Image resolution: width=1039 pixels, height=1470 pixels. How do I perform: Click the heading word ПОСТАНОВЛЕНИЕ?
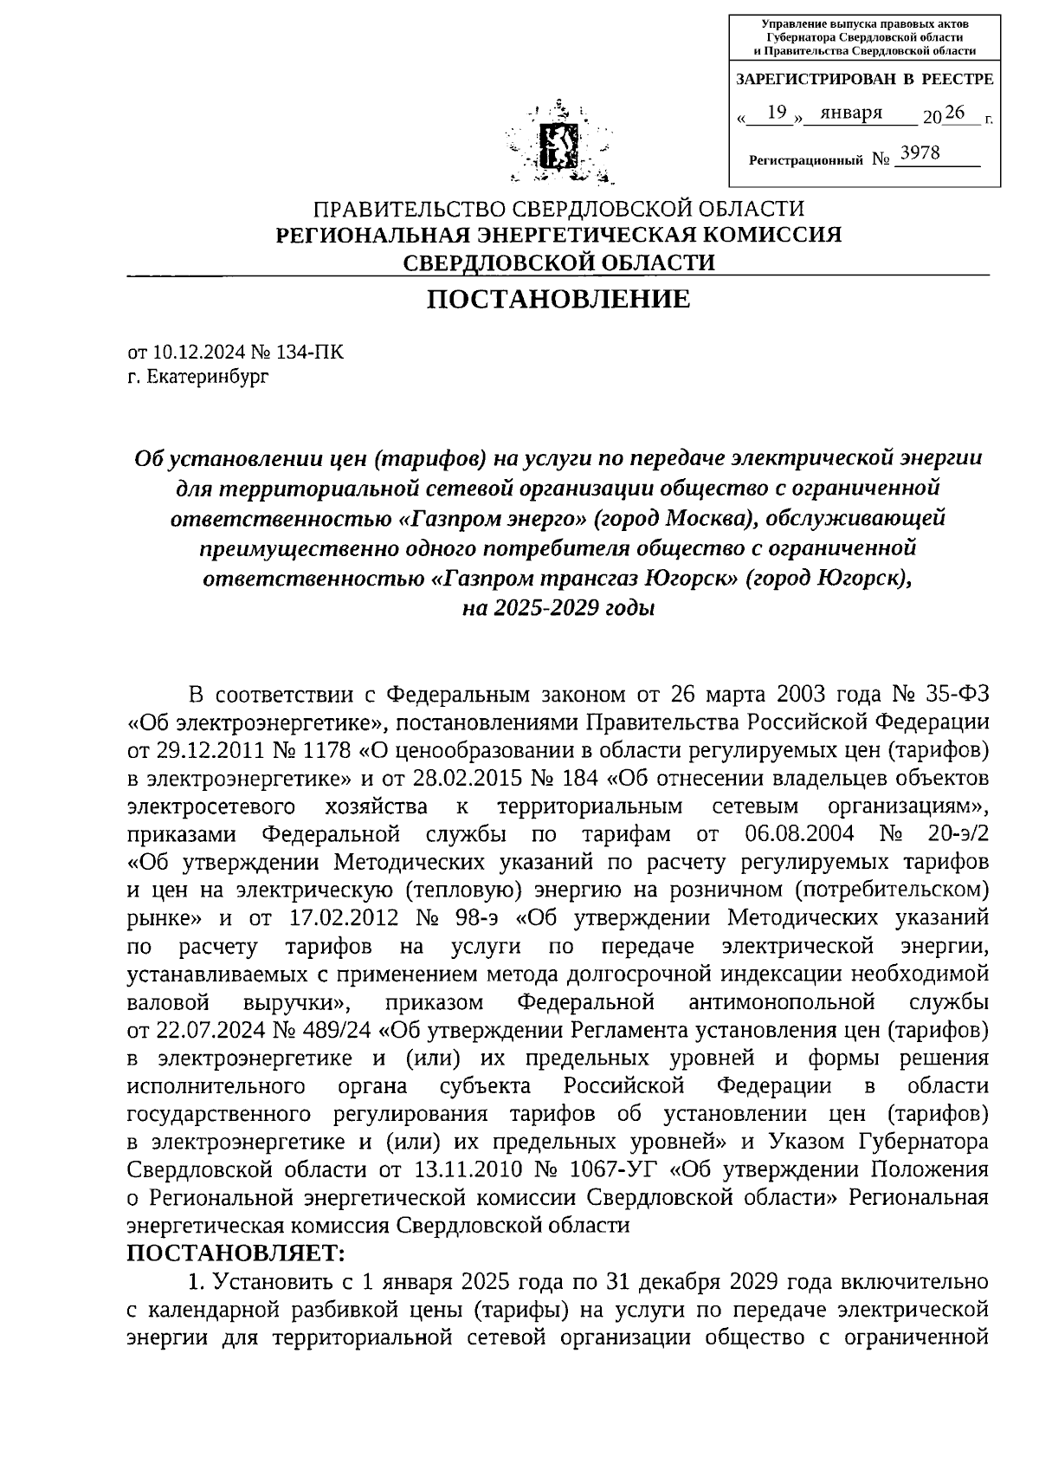(558, 300)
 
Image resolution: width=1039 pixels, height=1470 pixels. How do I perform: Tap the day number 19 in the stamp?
(777, 112)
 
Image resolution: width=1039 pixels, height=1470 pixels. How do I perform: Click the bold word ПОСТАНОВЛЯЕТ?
(236, 1253)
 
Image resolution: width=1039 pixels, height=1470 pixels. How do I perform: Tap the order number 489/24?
(339, 1030)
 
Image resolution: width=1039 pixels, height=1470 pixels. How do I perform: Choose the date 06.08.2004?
(799, 834)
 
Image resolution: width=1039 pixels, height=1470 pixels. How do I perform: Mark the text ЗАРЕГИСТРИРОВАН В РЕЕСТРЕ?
(864, 80)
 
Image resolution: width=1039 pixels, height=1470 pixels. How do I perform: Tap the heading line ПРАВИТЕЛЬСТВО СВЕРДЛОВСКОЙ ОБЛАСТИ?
(558, 210)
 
